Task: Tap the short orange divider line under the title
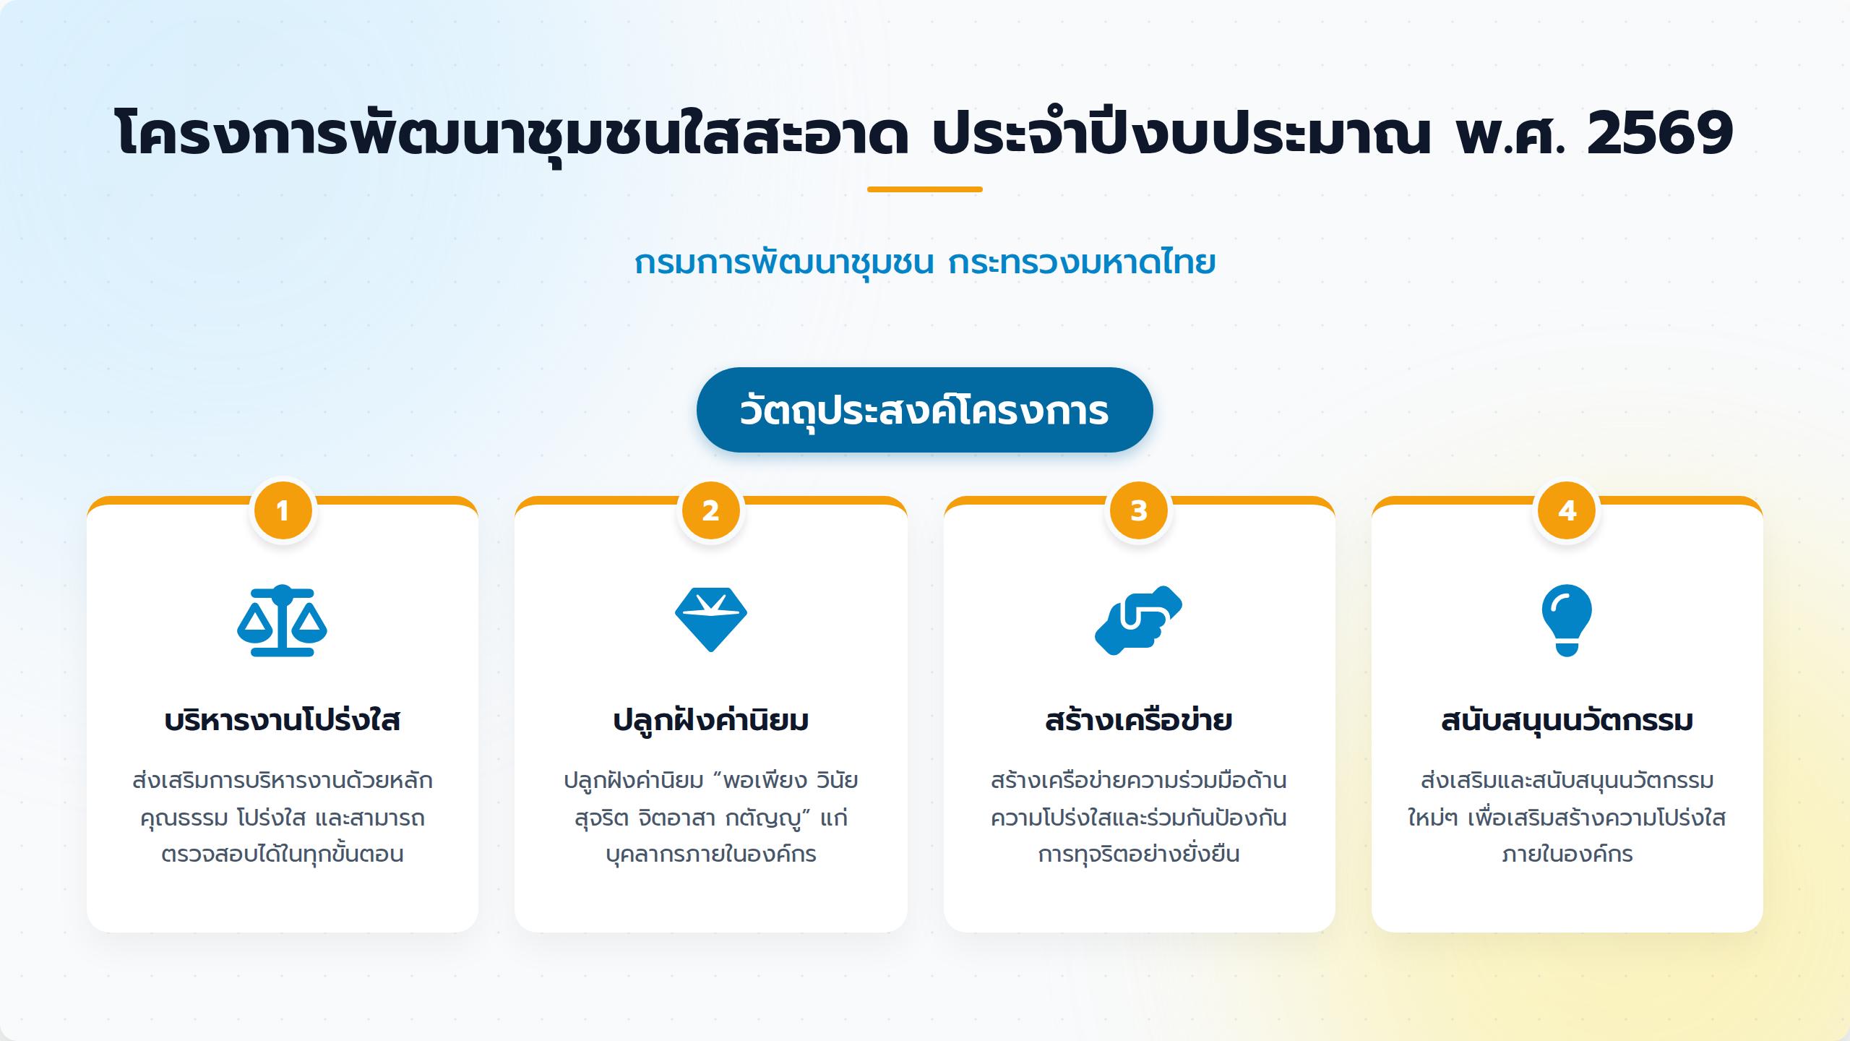pyautogui.click(x=925, y=189)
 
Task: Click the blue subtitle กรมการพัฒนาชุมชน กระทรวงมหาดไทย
pyautogui.click(x=925, y=262)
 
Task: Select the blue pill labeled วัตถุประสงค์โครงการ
pyautogui.click(x=925, y=410)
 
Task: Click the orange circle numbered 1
pyautogui.click(x=283, y=511)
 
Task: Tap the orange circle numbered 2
pyautogui.click(x=711, y=511)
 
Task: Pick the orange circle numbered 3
pyautogui.click(x=1139, y=511)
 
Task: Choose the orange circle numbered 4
pyautogui.click(x=1567, y=511)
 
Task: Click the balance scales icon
pyautogui.click(x=283, y=620)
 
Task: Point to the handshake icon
pyautogui.click(x=1139, y=620)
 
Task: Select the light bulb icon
pyautogui.click(x=1567, y=620)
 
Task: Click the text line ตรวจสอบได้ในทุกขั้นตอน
pyautogui.click(x=283, y=854)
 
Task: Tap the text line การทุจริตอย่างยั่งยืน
pyautogui.click(x=1139, y=854)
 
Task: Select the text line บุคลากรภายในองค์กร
pyautogui.click(x=711, y=854)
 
